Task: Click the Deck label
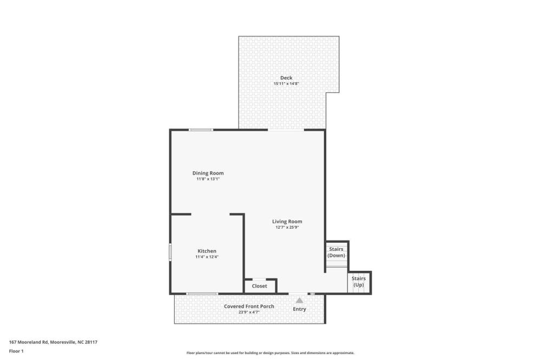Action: point(286,78)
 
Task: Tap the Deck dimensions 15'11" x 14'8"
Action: point(286,83)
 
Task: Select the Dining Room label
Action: point(208,173)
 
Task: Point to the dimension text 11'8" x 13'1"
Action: point(208,179)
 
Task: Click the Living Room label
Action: point(287,222)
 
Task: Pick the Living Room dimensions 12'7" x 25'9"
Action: point(287,227)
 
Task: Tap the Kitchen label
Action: point(207,251)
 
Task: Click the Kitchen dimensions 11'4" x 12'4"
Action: point(207,257)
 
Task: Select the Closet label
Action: point(260,286)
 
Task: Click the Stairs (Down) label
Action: point(336,252)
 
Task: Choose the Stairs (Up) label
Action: point(359,282)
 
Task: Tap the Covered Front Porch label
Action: point(249,306)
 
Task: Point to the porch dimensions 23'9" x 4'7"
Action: point(249,312)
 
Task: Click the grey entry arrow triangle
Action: point(300,301)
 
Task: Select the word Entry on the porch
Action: point(300,309)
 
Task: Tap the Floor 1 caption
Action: point(16,351)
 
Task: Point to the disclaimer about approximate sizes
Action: point(270,353)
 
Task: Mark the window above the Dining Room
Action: point(201,130)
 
